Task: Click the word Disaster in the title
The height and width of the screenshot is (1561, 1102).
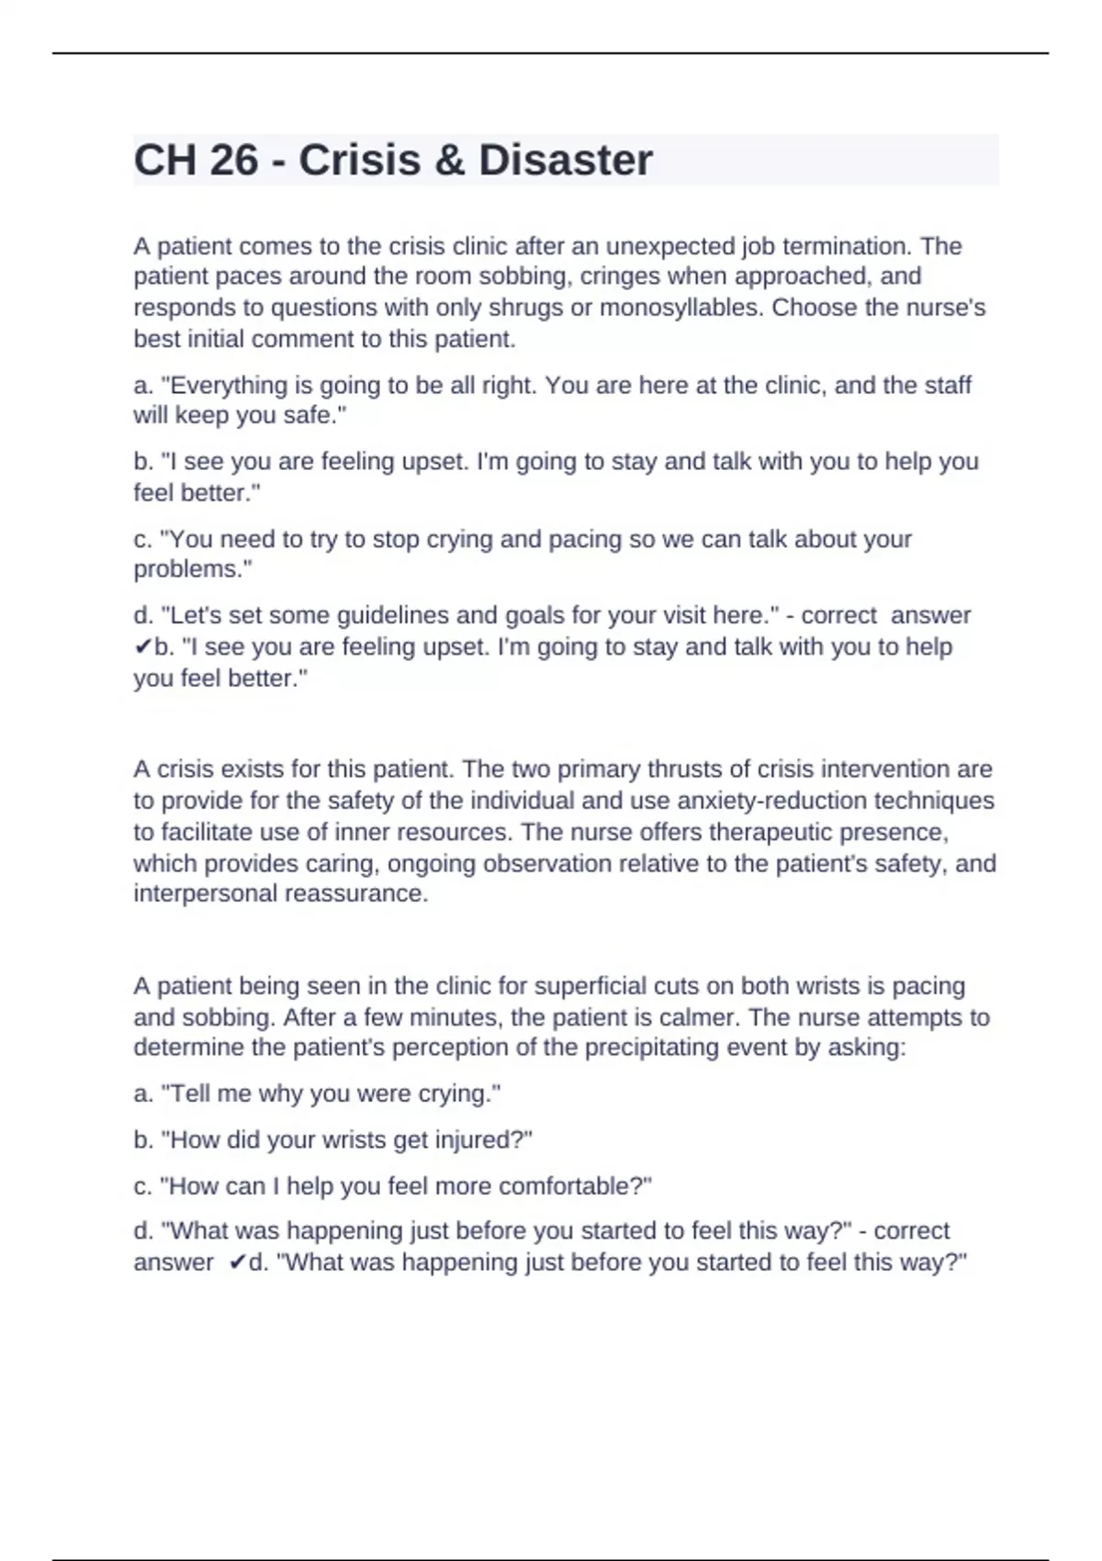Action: pyautogui.click(x=565, y=161)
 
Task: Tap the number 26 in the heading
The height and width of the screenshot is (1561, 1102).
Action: pyautogui.click(x=234, y=161)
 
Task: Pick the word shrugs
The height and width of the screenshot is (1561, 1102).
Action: pyautogui.click(x=525, y=308)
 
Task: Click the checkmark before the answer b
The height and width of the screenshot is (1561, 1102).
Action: pyautogui.click(x=143, y=647)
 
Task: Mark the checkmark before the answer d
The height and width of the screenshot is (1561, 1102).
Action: pyautogui.click(x=238, y=1263)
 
